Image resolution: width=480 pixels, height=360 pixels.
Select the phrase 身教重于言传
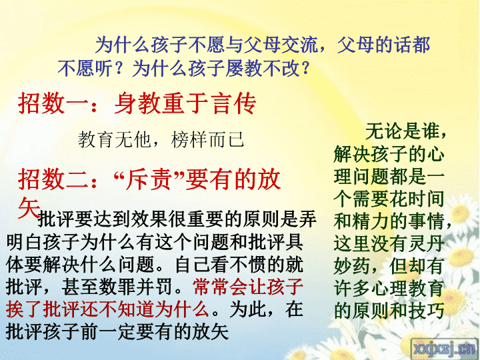185,103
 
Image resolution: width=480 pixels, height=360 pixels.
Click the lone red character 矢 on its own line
29,207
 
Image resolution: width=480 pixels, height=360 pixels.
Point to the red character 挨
15,309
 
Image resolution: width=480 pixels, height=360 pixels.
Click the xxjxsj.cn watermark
444,349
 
